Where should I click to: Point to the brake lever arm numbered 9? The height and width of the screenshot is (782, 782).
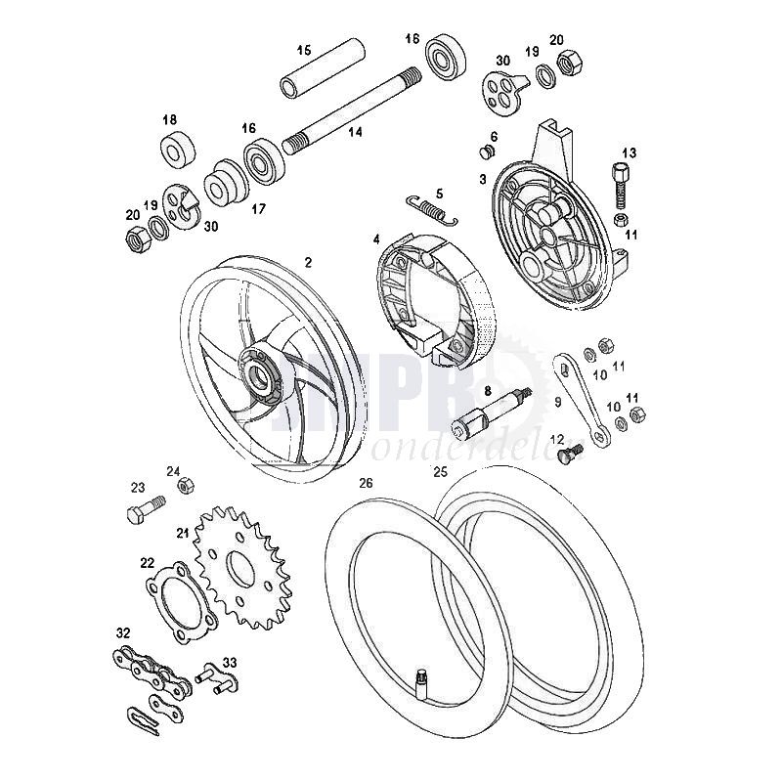(x=583, y=395)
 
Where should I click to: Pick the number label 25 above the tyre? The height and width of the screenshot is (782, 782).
(x=440, y=471)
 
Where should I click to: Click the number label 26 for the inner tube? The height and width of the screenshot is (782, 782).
(x=366, y=483)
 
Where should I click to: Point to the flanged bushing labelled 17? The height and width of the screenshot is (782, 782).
(x=225, y=183)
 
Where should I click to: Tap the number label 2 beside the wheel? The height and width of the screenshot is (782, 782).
(x=308, y=261)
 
